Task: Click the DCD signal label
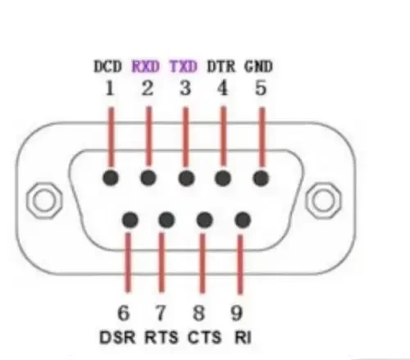tap(107, 66)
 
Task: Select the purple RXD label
tap(145, 66)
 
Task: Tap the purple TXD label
tap(183, 66)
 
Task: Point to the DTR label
tap(221, 66)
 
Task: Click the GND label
tap(258, 66)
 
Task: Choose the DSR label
tap(117, 337)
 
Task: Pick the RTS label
tap(161, 337)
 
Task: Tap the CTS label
tap(204, 337)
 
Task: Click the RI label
tap(243, 337)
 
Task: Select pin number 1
tap(110, 89)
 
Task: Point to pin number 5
tap(261, 89)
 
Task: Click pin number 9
tap(236, 313)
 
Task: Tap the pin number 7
tap(161, 313)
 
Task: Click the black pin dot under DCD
tap(111, 178)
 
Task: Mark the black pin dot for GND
tap(261, 178)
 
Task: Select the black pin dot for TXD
tap(186, 178)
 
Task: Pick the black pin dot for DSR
tap(130, 220)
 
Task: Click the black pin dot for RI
tap(243, 220)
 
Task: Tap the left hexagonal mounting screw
tap(44, 200)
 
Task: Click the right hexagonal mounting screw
tap(323, 200)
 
